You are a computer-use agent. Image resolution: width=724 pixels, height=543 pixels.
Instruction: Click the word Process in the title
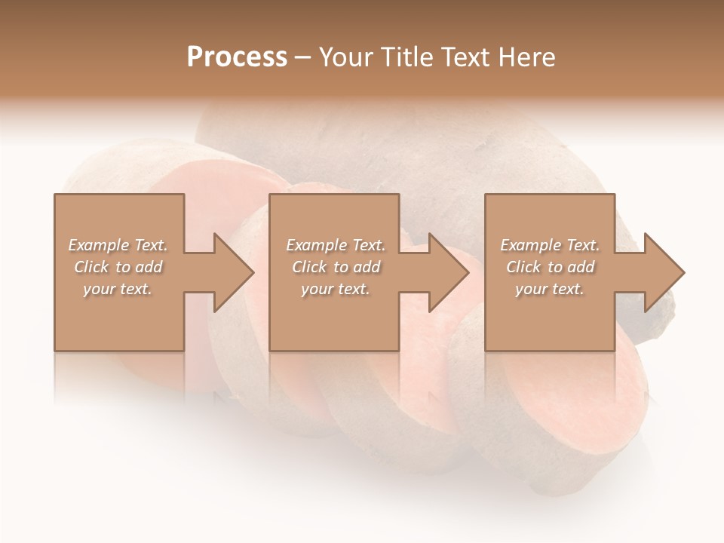point(237,57)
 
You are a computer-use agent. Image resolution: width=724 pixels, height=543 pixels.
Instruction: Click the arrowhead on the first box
point(234,272)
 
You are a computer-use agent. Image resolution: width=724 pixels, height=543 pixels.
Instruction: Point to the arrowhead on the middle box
point(449,272)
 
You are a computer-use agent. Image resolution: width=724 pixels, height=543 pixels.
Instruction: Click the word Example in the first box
point(99,245)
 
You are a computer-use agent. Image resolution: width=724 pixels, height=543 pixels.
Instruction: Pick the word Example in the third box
point(531,245)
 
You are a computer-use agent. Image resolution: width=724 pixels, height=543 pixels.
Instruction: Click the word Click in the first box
point(92,267)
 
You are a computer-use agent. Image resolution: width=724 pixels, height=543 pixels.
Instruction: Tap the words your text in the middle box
point(335,289)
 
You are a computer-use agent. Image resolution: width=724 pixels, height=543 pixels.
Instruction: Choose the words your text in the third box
point(549,289)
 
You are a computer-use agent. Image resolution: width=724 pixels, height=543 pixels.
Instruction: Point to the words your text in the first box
point(117,289)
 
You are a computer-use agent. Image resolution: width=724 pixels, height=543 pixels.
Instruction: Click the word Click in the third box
point(523,267)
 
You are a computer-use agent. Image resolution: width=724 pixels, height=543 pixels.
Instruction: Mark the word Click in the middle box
point(309,267)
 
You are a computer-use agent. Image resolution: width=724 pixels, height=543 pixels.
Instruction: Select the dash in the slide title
point(302,57)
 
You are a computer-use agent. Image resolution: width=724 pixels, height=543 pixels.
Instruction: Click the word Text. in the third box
point(582,245)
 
